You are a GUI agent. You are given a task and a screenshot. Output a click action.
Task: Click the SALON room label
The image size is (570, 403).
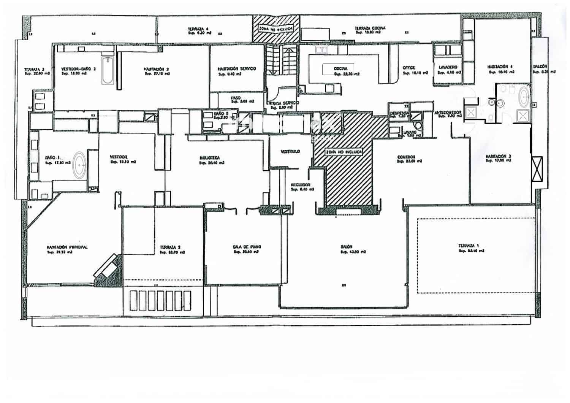coord(347,246)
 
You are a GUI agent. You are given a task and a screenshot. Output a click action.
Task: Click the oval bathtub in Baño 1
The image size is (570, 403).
coord(79,165)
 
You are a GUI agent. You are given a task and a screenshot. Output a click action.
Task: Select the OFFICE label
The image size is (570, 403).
coord(409,68)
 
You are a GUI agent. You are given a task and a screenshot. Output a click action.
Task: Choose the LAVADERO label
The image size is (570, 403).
coord(448,67)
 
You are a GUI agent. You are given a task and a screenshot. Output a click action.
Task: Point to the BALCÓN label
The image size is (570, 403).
coord(540,67)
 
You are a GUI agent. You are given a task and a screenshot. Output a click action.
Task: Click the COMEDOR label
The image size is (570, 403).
coord(406,157)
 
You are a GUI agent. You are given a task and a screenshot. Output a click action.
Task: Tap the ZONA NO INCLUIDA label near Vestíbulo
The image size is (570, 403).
coord(344,152)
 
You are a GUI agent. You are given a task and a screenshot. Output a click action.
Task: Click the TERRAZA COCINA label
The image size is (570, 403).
coord(370,28)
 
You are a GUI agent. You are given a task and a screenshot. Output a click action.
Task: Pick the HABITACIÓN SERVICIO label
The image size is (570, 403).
coord(236,69)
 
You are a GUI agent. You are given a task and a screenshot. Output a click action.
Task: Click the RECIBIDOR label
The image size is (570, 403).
coord(301,185)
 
